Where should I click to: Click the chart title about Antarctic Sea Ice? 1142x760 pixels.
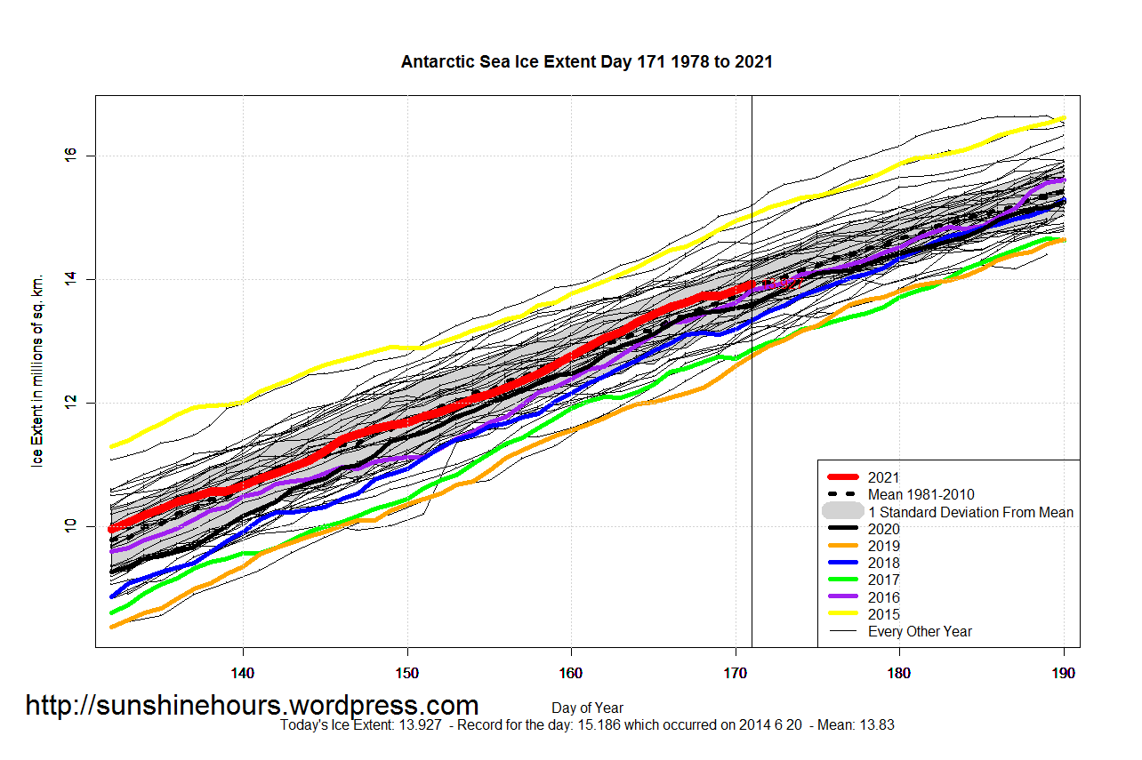pyautogui.click(x=586, y=62)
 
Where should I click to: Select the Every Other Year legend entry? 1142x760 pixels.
pyautogui.click(x=920, y=632)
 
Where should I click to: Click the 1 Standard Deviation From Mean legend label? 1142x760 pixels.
pyautogui.click(x=970, y=512)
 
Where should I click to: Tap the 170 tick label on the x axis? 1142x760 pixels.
pyautogui.click(x=736, y=673)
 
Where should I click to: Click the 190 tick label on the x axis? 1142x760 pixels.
pyautogui.click(x=1064, y=673)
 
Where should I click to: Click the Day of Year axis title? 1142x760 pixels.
pyautogui.click(x=587, y=708)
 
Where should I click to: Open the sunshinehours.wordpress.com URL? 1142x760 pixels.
pyautogui.click(x=252, y=706)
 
